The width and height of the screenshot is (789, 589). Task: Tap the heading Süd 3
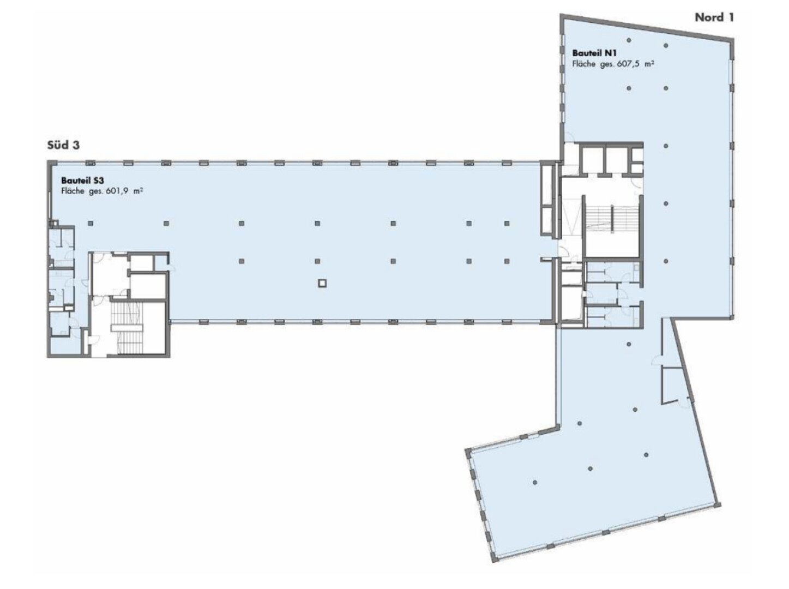tap(63, 145)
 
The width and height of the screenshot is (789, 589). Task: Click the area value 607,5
tap(628, 65)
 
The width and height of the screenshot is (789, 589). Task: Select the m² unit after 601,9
tap(138, 191)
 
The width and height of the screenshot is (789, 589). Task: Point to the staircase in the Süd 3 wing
tap(127, 328)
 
